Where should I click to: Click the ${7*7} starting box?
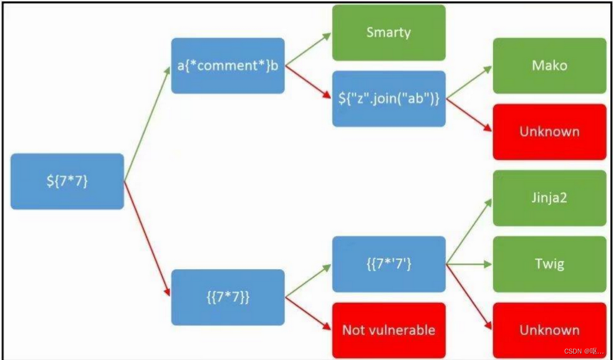(x=67, y=181)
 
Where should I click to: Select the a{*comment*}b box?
(x=227, y=66)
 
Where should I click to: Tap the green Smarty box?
(x=389, y=33)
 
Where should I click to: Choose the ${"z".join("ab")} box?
(x=389, y=99)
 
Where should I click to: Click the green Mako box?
(x=549, y=66)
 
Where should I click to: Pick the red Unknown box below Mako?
(x=549, y=132)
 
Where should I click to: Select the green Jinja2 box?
(x=549, y=198)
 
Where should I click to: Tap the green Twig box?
(x=549, y=264)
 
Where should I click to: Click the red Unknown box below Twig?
(x=549, y=330)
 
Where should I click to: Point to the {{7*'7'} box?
(x=389, y=264)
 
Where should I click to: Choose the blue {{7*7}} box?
(x=227, y=297)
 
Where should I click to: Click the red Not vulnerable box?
(x=389, y=330)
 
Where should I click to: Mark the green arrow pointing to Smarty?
(x=308, y=49)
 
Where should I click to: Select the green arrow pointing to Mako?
(x=469, y=83)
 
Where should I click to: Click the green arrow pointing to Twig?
(x=469, y=264)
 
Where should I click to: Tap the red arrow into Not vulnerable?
(x=308, y=313)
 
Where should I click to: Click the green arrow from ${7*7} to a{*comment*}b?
(x=147, y=124)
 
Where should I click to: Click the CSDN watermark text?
(x=584, y=351)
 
